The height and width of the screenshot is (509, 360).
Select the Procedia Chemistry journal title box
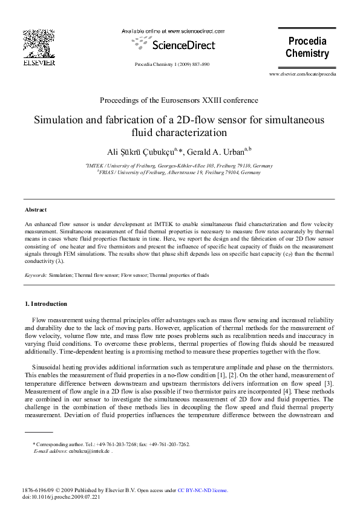(307, 48)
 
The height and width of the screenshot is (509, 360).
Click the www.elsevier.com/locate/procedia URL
(302, 74)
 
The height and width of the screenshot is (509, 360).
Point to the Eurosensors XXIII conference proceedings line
(180, 100)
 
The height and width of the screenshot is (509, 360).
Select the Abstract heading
(36, 210)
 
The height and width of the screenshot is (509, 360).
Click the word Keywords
(35, 275)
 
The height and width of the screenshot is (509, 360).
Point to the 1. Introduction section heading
(46, 303)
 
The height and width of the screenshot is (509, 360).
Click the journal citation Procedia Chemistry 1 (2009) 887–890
(172, 64)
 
